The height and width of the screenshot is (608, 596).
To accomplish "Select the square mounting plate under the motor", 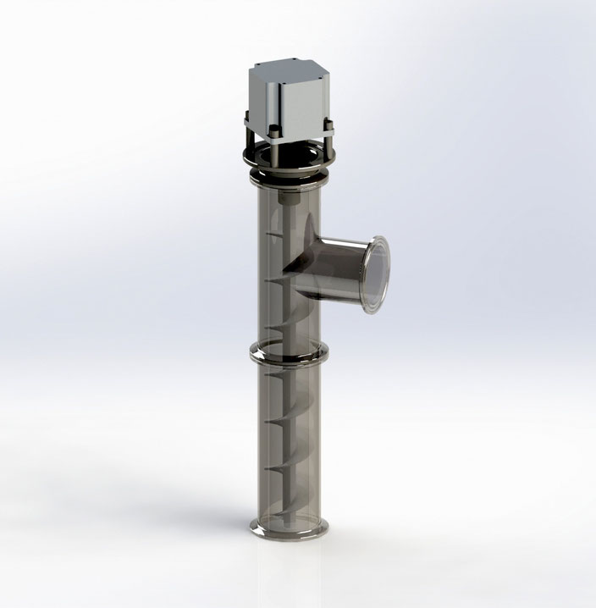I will (x=288, y=130).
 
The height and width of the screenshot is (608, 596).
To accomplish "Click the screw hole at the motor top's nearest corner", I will (x=279, y=84).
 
